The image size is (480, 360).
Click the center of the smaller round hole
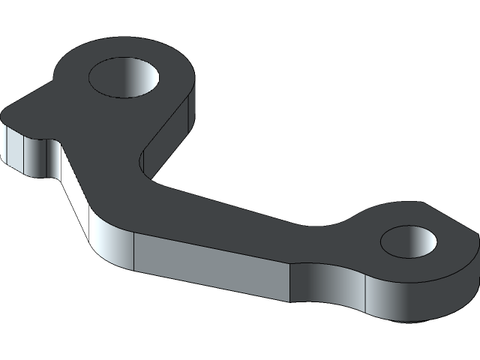point(409,241)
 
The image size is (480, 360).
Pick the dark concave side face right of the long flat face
point(315,285)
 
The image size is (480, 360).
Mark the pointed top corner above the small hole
point(421,203)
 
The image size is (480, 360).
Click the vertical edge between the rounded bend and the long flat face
point(134,251)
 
